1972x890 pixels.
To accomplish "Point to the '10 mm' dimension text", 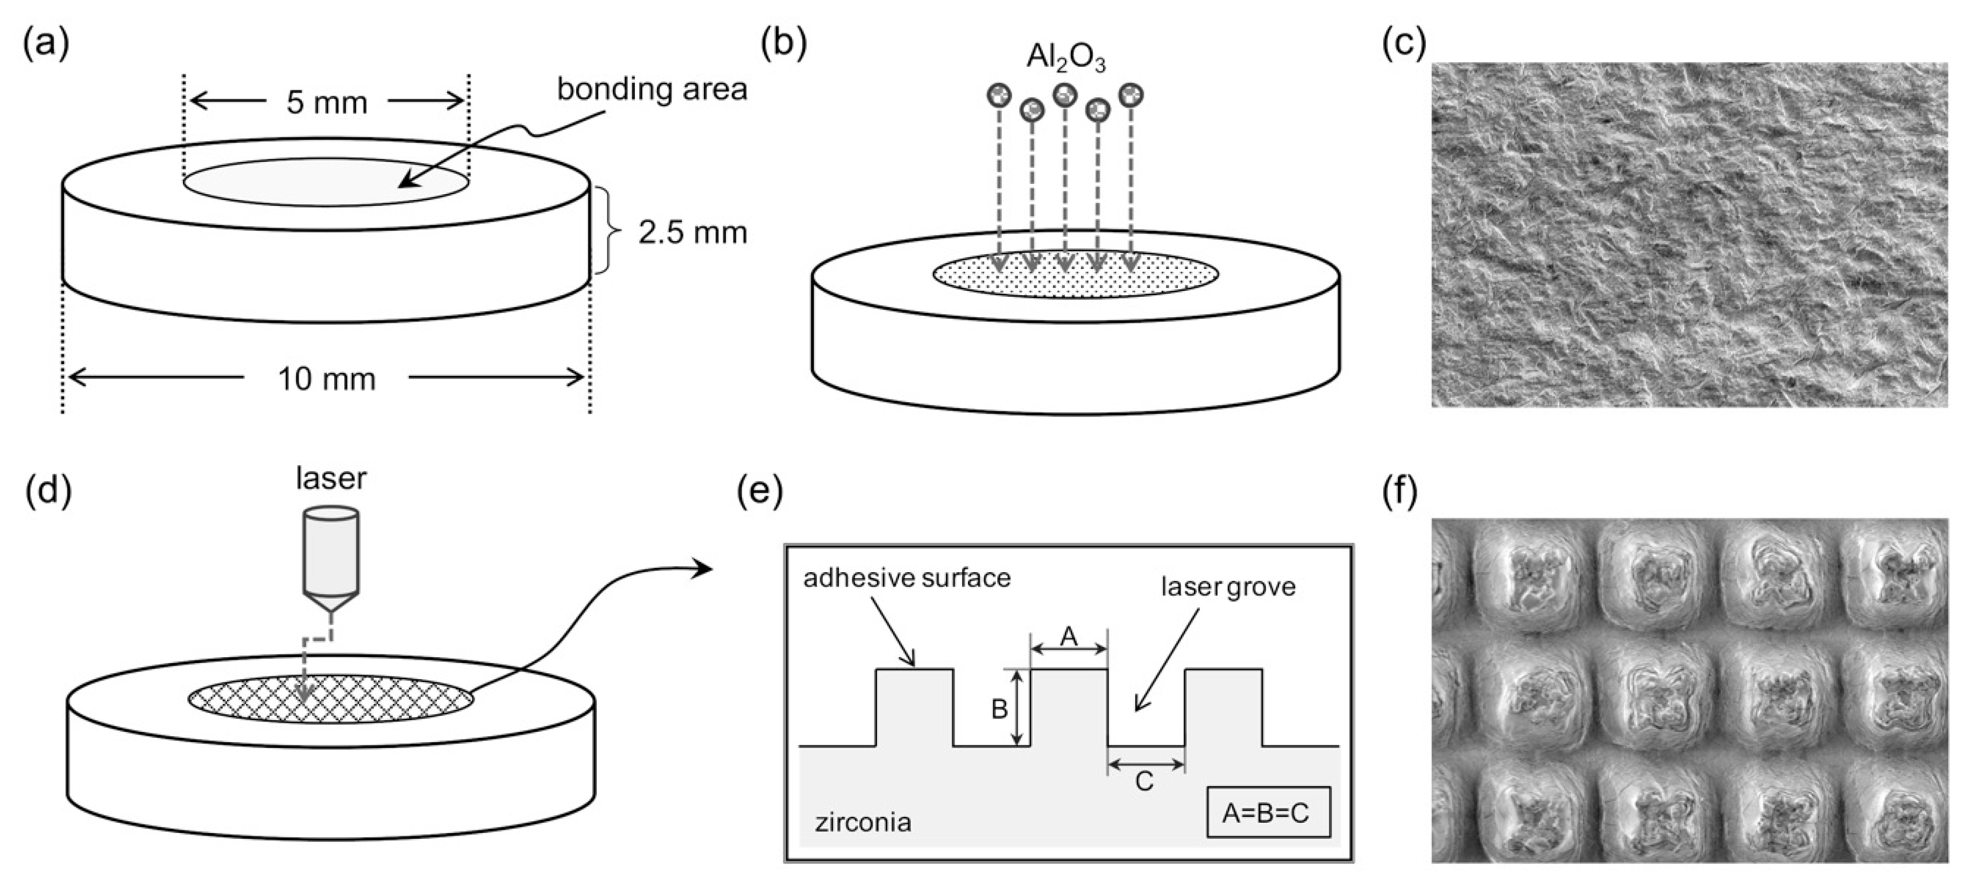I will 327,379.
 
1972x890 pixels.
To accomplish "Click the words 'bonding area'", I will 652,89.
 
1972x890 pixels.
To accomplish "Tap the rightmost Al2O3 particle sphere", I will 1130,96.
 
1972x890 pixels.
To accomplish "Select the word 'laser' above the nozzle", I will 331,478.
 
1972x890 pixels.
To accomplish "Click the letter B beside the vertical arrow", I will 999,709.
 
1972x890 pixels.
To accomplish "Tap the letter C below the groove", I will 1144,781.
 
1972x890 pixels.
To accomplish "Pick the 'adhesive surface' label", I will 907,578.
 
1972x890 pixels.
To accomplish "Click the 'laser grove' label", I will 1228,587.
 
